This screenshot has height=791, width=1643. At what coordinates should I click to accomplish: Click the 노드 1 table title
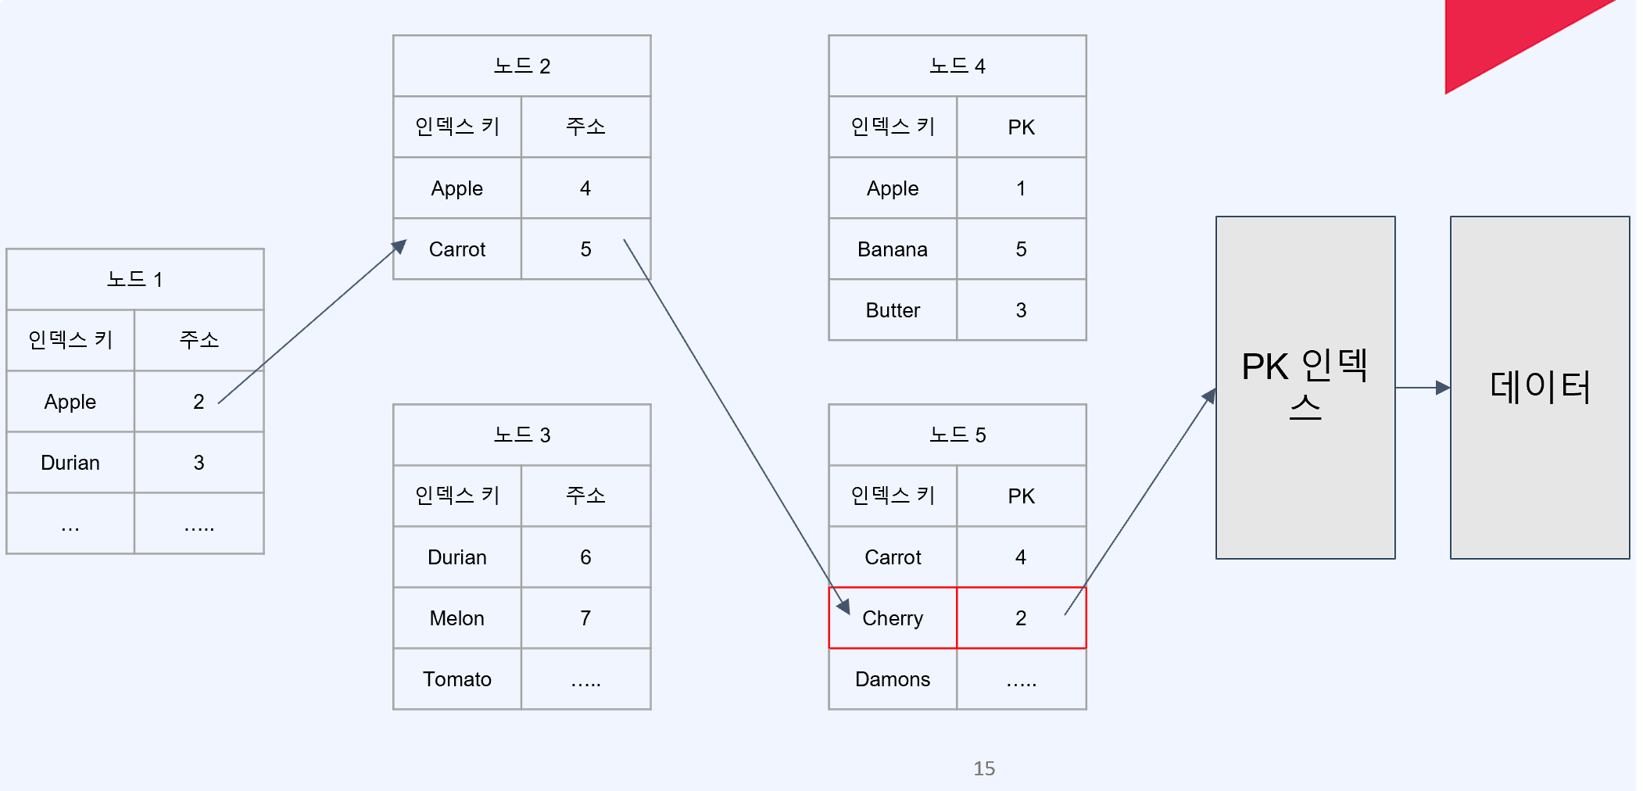(134, 279)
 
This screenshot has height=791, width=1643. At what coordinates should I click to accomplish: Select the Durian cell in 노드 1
(70, 463)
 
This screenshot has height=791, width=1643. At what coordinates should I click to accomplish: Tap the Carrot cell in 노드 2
(457, 249)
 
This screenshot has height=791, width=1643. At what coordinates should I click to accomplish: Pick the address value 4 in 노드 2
(585, 188)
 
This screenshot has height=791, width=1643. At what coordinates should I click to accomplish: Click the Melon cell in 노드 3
(457, 618)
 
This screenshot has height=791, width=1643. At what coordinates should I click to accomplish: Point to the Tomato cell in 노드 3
(457, 679)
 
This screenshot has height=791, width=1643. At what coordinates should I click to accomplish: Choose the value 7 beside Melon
(585, 618)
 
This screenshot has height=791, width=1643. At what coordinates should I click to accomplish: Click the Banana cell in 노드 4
(893, 249)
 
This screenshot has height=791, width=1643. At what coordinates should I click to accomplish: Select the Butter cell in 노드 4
(893, 310)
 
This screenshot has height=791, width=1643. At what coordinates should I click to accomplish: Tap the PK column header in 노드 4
(1021, 127)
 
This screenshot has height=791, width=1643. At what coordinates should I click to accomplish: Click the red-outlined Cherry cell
(893, 618)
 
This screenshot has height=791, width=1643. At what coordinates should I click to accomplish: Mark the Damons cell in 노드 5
(893, 679)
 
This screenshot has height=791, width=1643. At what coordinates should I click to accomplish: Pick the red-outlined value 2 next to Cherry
(1021, 618)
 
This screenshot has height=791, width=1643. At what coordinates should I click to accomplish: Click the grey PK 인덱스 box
(1305, 469)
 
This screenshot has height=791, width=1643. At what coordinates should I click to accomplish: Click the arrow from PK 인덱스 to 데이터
(1423, 388)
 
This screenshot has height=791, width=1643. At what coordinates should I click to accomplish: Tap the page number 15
(984, 768)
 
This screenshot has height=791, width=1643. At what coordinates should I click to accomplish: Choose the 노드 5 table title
(958, 435)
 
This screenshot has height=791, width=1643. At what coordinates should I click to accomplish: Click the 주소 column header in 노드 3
(585, 496)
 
